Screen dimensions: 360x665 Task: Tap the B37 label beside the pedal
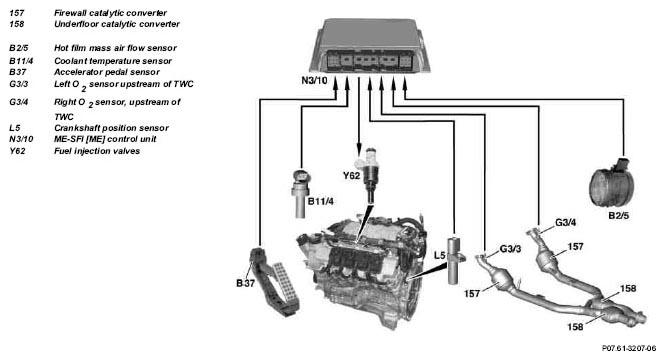point(245,284)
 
